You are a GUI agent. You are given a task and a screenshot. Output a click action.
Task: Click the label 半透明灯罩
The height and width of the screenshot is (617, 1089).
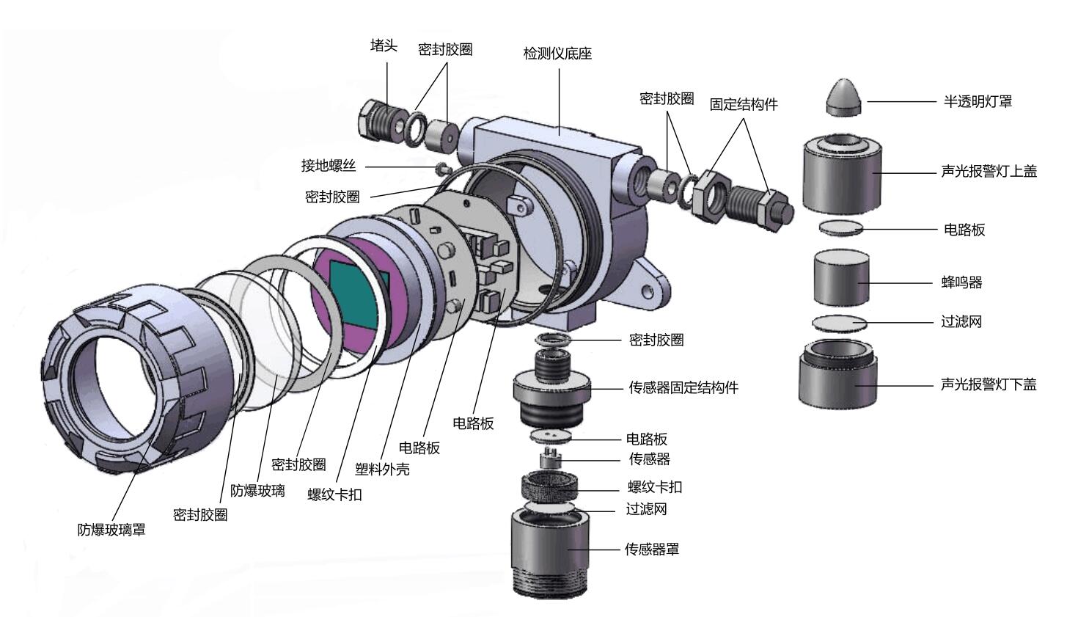[x=977, y=102]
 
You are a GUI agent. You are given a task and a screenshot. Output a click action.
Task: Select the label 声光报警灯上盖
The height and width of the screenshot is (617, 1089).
[x=989, y=172]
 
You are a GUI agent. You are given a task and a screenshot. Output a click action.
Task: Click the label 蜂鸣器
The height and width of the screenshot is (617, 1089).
[x=961, y=282]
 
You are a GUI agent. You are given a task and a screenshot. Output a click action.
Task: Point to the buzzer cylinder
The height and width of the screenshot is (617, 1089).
[x=840, y=278]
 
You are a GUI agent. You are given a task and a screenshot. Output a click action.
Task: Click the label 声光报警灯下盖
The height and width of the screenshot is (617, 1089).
[x=988, y=384]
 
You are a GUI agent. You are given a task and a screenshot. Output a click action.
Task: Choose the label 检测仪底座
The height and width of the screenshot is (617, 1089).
[x=557, y=54]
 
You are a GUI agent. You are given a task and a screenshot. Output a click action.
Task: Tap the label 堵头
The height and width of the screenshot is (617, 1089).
[x=384, y=46]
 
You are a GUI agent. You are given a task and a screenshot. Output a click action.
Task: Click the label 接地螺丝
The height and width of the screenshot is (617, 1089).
[x=328, y=166]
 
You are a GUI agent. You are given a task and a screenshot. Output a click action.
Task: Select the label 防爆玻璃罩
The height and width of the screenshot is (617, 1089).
[x=111, y=530]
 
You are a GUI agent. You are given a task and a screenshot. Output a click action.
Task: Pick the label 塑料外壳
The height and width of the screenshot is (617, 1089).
[x=382, y=469]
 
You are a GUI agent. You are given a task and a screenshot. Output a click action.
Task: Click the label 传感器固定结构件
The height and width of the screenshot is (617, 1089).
[x=683, y=387]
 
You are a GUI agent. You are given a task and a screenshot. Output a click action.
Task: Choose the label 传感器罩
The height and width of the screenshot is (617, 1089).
[x=651, y=549]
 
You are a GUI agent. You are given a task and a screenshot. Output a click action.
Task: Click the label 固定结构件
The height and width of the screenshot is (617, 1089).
[x=743, y=104]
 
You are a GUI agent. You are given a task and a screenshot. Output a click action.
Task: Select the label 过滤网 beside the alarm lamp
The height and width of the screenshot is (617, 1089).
[x=961, y=321]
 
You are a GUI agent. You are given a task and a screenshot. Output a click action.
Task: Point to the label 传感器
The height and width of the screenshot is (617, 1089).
[x=649, y=459]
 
